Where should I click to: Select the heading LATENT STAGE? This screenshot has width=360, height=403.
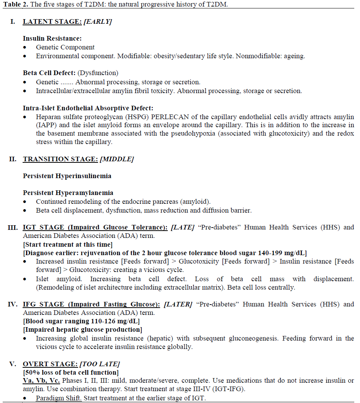(52, 21)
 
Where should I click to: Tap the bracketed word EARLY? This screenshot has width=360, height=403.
(98, 21)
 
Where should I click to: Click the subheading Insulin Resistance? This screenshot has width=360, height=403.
(52, 38)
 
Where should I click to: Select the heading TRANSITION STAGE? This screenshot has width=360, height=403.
(60, 159)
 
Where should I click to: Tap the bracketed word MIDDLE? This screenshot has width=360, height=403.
(116, 159)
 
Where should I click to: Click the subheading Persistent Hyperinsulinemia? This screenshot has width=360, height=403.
(67, 176)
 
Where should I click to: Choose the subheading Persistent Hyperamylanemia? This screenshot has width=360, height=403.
(68, 193)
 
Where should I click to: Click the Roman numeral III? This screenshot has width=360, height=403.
(13, 228)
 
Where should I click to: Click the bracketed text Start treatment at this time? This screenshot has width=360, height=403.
(68, 244)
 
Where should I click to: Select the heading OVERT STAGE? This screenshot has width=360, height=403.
(50, 364)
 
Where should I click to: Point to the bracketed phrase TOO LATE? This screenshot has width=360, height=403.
(100, 364)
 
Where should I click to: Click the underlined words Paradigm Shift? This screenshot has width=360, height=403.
(59, 398)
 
